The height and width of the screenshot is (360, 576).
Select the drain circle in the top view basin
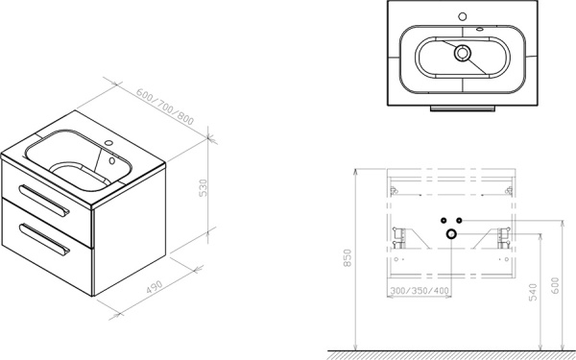462,54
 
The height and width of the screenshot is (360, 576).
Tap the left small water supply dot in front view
444,220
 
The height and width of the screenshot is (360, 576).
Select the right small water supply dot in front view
460,220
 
